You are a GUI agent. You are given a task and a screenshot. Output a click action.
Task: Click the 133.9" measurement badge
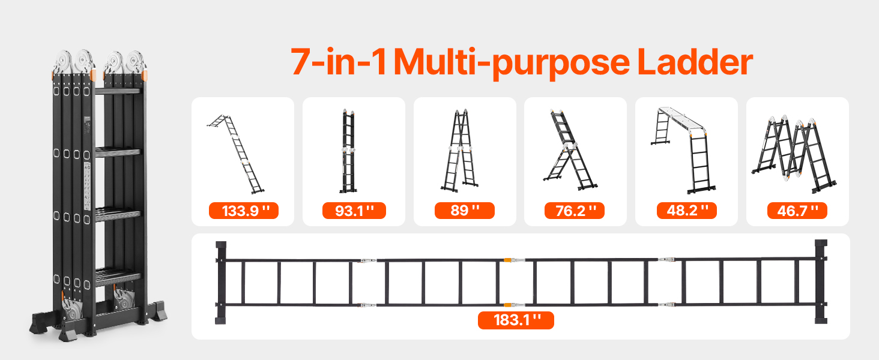[x=244, y=211]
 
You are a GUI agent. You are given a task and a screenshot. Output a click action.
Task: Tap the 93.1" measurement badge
[x=354, y=211]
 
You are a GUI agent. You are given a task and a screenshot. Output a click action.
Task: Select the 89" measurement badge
[x=465, y=211]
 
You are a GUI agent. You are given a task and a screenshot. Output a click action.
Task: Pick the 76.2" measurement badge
[x=575, y=211]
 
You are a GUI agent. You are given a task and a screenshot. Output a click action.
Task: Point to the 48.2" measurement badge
[x=687, y=211]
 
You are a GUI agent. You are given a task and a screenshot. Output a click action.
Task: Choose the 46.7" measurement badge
[x=797, y=211]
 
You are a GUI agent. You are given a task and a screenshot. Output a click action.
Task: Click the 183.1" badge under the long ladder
[x=516, y=320]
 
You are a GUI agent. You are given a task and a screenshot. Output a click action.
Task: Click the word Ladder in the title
[x=695, y=62]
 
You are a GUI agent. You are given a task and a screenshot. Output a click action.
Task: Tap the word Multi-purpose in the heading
[x=512, y=64]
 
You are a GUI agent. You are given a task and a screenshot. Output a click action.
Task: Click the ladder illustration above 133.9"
[x=235, y=154]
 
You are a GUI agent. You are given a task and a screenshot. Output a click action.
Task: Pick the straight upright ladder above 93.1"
[x=348, y=151]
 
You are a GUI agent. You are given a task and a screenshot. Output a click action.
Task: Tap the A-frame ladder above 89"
[x=459, y=151]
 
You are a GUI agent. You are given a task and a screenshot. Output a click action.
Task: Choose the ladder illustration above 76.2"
[x=570, y=150]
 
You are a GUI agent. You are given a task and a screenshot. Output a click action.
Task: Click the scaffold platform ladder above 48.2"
[x=683, y=150]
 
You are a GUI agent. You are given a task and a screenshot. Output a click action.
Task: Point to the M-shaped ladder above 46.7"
[x=794, y=154]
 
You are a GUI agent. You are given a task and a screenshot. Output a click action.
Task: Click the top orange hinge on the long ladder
[x=508, y=260]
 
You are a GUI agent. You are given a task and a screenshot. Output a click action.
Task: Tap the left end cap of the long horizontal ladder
[x=221, y=283]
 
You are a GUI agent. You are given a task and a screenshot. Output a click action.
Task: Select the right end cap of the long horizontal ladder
[x=821, y=281]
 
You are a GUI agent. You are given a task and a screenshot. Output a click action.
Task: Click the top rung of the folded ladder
[x=118, y=91]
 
